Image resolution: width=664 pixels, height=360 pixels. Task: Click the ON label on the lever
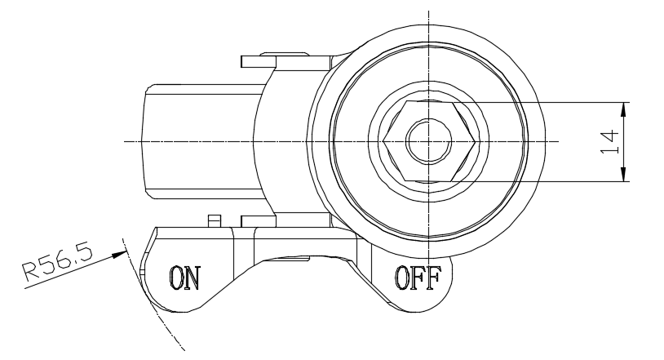tap(184, 278)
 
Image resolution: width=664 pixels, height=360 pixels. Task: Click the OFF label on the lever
tap(418, 278)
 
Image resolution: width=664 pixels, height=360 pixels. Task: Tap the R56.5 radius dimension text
tap(58, 264)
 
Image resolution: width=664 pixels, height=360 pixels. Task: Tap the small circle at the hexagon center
tap(428, 141)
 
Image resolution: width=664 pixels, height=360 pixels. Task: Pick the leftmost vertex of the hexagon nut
tap(383, 141)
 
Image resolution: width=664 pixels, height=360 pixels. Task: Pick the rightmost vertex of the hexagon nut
tap(475, 141)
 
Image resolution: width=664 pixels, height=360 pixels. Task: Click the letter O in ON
tap(176, 278)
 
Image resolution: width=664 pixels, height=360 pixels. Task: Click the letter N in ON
tap(192, 278)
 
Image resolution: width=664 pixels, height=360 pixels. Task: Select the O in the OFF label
tap(402, 278)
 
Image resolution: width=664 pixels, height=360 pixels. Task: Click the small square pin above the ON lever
tap(215, 221)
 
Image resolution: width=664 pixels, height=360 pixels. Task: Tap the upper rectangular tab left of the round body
tap(259, 61)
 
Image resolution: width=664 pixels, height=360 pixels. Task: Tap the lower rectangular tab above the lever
tap(259, 221)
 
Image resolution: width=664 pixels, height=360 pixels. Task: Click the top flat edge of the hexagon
tap(429, 102)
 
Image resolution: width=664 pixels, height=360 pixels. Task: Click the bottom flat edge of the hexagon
tap(429, 181)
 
